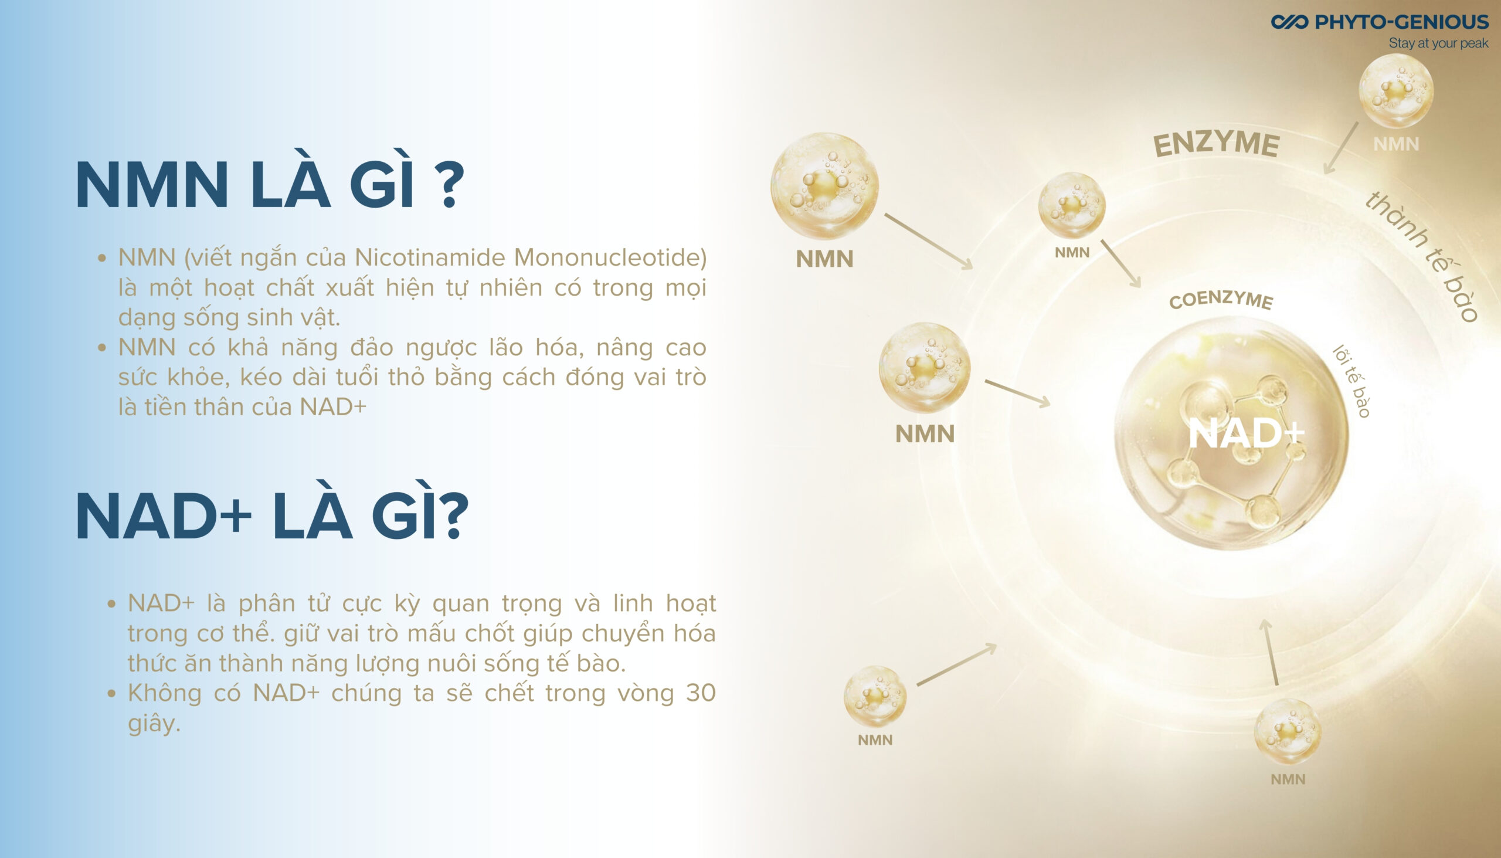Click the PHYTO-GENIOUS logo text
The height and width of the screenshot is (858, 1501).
pyautogui.click(x=1401, y=22)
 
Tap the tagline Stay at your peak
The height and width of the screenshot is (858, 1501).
pyautogui.click(x=1439, y=43)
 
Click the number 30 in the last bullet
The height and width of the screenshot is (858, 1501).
pyautogui.click(x=701, y=693)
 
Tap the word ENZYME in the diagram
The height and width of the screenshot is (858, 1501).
pyautogui.click(x=1216, y=144)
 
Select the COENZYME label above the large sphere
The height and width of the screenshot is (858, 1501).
pyautogui.click(x=1221, y=299)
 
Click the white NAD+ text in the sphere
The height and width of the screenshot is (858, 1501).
pyautogui.click(x=1247, y=433)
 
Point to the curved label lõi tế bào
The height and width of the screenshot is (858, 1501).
pyautogui.click(x=1351, y=381)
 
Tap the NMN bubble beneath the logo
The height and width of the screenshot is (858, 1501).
pyautogui.click(x=1395, y=90)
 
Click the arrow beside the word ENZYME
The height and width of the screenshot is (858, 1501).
pyautogui.click(x=1341, y=148)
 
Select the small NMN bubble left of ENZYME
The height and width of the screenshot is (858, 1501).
pyautogui.click(x=1072, y=206)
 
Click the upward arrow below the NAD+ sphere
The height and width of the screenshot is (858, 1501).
pyautogui.click(x=1271, y=652)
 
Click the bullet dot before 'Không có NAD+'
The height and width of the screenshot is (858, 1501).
pyautogui.click(x=112, y=693)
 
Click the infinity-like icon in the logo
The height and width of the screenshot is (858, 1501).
pyautogui.click(x=1289, y=22)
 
